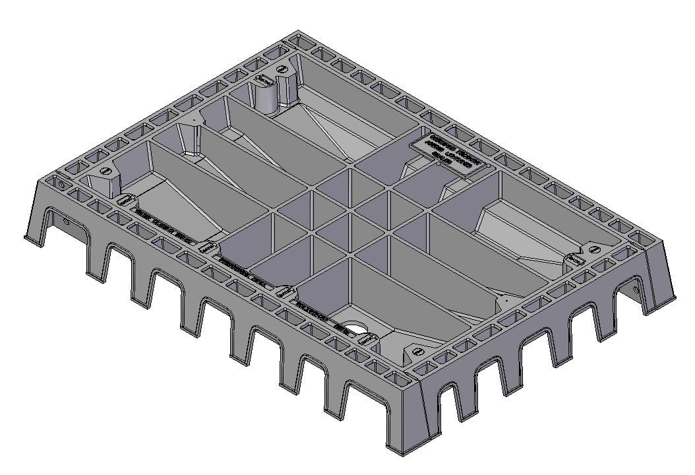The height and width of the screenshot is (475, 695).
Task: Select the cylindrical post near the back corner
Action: (268, 99)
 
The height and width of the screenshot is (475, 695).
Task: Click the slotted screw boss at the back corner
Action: (282, 69)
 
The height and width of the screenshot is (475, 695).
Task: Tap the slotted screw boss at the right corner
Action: (591, 249)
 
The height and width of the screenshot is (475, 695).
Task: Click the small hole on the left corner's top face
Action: (61, 185)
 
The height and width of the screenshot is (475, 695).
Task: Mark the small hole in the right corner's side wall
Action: (636, 288)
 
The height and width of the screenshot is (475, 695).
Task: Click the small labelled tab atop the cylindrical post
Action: (264, 79)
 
